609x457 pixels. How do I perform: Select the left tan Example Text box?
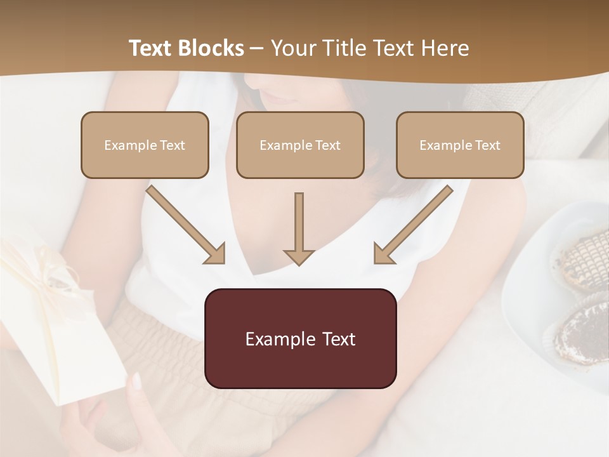(x=145, y=145)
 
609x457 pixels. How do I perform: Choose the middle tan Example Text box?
(x=300, y=145)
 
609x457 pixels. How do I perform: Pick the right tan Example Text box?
(x=460, y=145)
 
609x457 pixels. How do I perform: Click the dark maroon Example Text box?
(x=300, y=338)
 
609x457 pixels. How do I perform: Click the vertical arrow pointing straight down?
(x=299, y=228)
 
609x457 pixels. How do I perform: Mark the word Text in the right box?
(x=488, y=145)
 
